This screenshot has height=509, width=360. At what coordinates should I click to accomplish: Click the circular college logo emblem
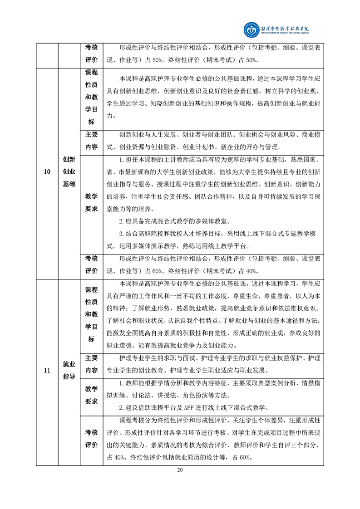(250, 30)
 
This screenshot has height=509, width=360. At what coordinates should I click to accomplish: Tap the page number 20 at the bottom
(180, 470)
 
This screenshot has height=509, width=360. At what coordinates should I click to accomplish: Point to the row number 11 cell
(47, 371)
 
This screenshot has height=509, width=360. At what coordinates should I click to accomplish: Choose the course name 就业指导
(69, 371)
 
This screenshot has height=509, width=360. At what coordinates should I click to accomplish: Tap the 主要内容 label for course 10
(91, 141)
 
